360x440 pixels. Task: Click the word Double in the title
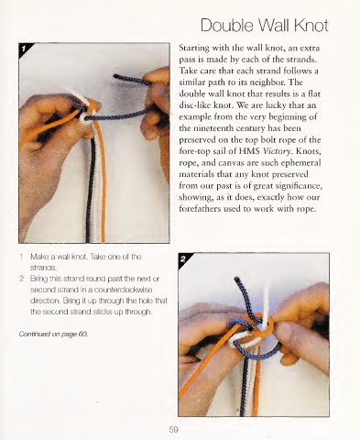tap(226, 26)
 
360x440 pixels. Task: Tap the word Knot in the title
tap(311, 26)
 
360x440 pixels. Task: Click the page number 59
tap(173, 429)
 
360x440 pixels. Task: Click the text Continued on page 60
tap(53, 334)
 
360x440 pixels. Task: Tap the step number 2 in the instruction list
tap(21, 279)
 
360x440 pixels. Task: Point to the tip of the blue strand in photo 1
tap(115, 75)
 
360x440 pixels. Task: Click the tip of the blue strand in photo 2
tap(236, 279)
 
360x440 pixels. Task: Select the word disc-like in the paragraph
tap(194, 105)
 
